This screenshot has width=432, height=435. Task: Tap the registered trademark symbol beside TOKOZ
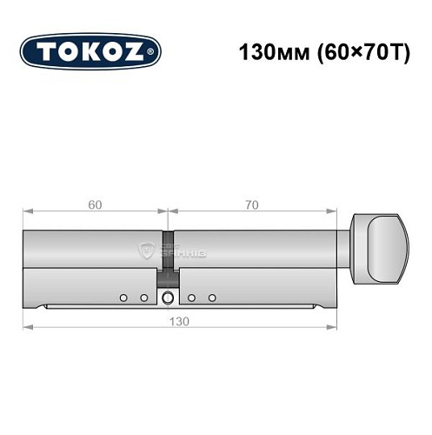154,53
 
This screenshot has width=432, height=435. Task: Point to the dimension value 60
94,205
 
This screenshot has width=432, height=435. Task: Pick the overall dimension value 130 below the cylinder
180,320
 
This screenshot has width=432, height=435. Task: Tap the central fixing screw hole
167,298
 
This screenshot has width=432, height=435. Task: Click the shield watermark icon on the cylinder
145,252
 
